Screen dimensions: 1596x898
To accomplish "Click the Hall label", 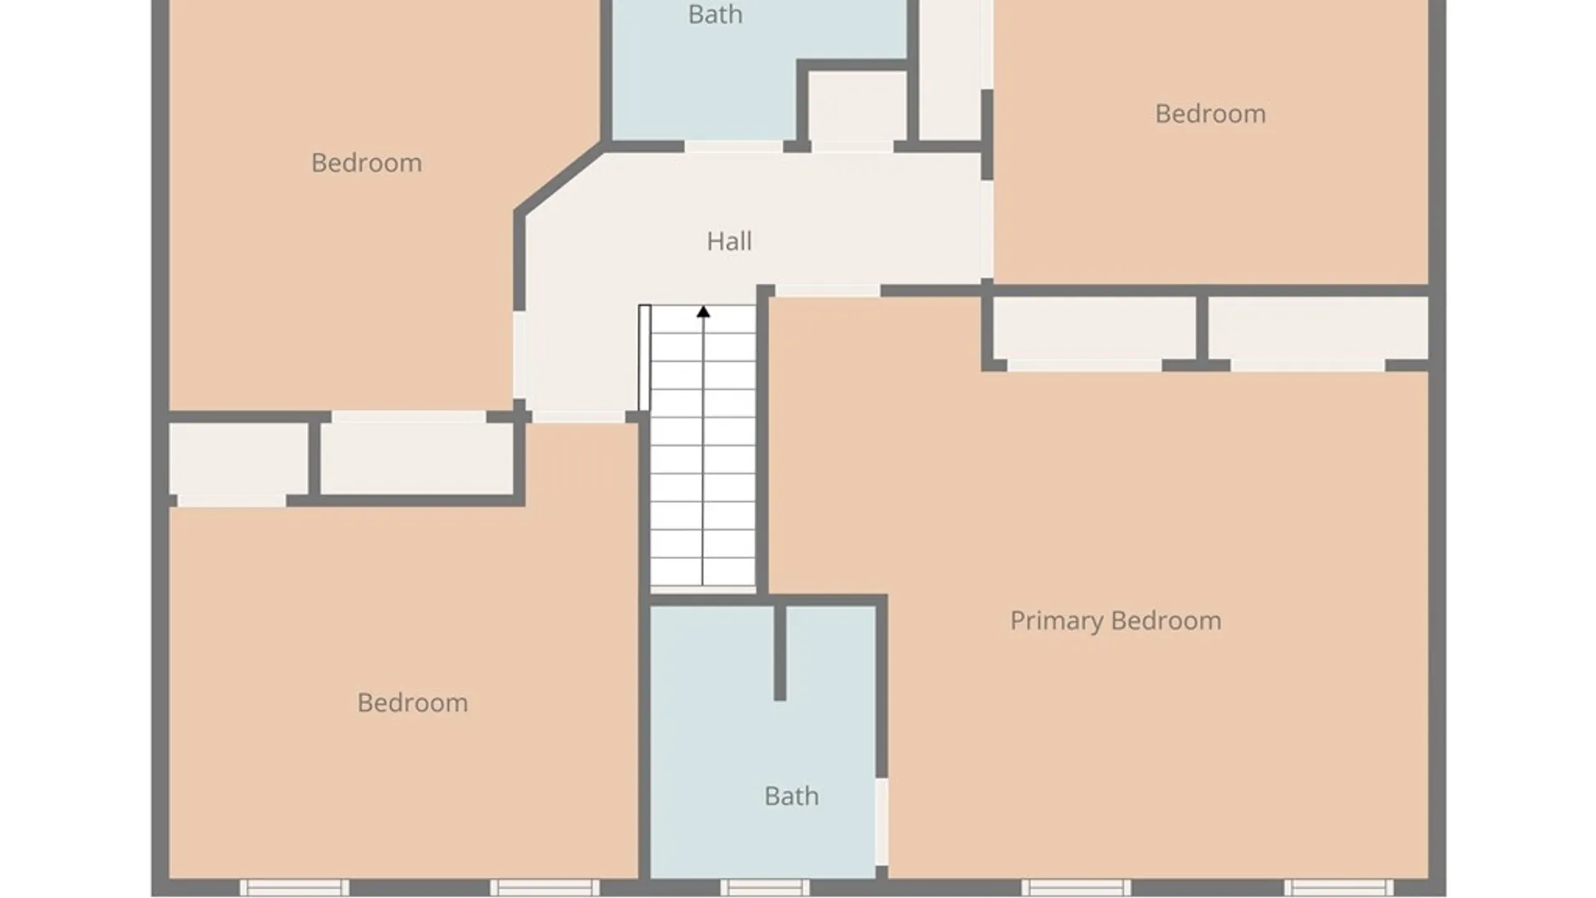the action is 729,241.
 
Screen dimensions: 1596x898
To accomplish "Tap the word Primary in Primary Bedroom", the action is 1057,621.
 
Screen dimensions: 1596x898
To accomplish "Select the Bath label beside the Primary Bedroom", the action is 791,796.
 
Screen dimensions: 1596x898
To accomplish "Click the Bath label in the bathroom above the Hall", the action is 715,14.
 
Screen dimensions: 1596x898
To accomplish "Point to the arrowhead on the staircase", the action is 703,312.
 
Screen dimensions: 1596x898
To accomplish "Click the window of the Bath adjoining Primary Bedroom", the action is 765,887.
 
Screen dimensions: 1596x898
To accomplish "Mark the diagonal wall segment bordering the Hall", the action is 559,179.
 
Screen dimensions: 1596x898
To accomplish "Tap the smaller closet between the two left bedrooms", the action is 239,459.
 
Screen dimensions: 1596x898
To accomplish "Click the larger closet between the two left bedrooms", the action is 416,459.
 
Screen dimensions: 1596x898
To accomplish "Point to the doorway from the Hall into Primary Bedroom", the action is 827,290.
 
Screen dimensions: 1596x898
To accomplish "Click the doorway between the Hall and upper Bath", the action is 733,147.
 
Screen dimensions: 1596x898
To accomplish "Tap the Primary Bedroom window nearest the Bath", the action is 1076,887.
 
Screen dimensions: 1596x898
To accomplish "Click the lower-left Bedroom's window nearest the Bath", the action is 544,887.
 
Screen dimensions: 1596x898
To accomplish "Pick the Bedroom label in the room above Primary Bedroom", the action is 1210,114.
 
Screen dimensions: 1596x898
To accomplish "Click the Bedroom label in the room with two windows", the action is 412,703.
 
